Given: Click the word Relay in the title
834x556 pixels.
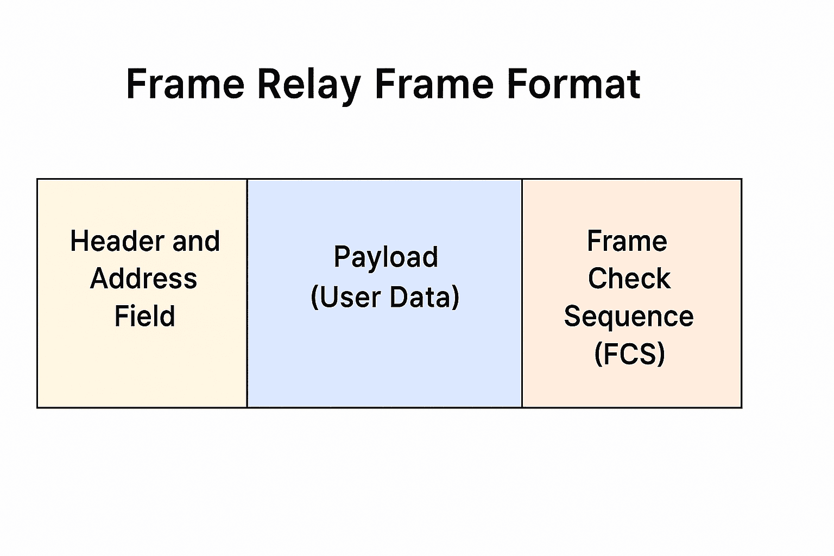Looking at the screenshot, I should (x=309, y=85).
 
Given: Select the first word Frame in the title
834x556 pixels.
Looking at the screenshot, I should (x=185, y=85).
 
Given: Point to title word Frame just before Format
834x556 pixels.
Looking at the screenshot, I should (x=434, y=85).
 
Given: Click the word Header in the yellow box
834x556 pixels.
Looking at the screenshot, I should (x=109, y=241).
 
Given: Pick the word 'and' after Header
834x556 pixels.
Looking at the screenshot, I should (x=196, y=241).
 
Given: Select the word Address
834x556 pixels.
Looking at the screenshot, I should (x=144, y=279).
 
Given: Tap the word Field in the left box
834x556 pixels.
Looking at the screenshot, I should (x=144, y=316).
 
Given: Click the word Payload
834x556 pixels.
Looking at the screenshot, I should (x=386, y=257).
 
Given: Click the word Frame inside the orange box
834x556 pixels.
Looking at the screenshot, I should (x=627, y=241).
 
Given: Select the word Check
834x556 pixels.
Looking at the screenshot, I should (x=629, y=279).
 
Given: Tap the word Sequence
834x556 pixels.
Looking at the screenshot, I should (x=629, y=316).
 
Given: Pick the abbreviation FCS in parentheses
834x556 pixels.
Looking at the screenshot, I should (x=629, y=354).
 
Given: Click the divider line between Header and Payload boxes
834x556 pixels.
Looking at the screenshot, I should (x=247, y=293).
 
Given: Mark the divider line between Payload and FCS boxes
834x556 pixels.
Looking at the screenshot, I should (x=522, y=293).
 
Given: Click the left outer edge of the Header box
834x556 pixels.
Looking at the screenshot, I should (x=37, y=293).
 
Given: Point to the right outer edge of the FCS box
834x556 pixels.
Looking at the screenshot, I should (x=742, y=293).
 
